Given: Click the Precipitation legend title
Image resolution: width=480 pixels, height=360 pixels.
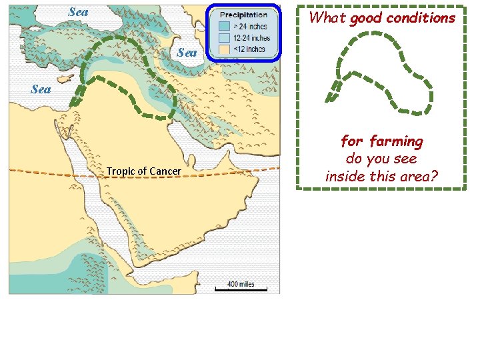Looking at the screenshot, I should tap(244, 15).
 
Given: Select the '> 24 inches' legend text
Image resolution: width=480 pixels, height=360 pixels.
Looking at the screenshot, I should tap(249, 27).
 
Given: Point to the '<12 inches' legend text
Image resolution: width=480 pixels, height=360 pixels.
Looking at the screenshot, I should tap(248, 49).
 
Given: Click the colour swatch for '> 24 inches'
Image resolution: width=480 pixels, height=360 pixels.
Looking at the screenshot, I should tap(225, 27).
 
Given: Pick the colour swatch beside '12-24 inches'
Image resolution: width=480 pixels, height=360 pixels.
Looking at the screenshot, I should tap(225, 38).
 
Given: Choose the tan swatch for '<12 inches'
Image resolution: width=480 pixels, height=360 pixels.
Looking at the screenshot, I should tap(225, 49).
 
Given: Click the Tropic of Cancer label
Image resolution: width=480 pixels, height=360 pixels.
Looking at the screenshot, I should tap(143, 172).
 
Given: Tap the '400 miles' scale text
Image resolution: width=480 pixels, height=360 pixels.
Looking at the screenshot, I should tap(241, 284).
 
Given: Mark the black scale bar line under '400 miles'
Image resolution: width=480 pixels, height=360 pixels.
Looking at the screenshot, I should tap(241, 290).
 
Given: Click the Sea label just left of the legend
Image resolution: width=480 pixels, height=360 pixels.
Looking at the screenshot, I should tap(187, 53).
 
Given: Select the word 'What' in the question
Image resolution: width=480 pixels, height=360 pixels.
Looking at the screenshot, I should tap(327, 18).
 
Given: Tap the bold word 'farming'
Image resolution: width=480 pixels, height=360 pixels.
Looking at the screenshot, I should tap(397, 142).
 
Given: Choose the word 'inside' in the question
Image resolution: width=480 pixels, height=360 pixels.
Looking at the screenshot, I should tap(344, 177).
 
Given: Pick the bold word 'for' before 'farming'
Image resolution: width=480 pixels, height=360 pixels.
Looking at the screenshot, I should tap(353, 142).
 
